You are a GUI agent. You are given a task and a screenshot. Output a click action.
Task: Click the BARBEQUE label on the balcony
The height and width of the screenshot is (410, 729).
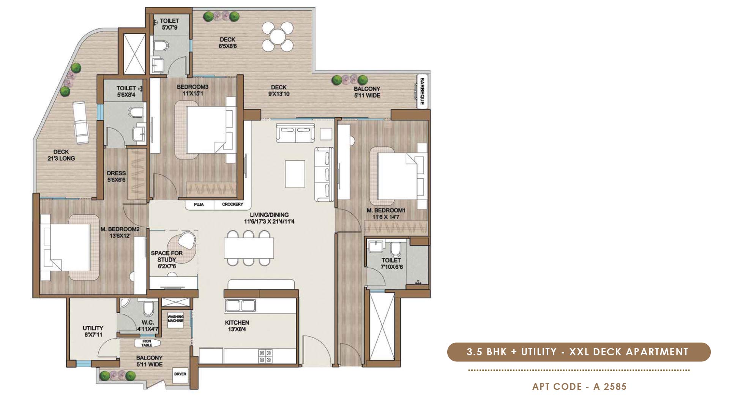click(x=422, y=91)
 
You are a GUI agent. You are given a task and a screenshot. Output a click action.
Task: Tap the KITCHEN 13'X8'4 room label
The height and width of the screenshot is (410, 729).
click(x=237, y=326)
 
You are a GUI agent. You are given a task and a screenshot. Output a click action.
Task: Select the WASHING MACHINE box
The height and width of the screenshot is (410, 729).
click(x=175, y=319)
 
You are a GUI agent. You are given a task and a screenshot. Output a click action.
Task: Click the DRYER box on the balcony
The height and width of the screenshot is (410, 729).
click(x=180, y=374)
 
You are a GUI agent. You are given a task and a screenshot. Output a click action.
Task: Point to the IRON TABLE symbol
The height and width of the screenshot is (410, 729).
click(x=147, y=343)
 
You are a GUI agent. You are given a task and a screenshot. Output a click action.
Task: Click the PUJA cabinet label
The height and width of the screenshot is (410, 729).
click(x=199, y=205)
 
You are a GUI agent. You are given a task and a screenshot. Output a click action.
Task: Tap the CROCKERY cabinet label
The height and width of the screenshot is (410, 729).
click(x=232, y=205)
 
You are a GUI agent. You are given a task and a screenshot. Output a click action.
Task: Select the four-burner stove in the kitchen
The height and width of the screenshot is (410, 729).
click(x=265, y=356)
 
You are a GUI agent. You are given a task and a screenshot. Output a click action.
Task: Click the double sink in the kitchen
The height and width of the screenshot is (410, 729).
click(x=240, y=305)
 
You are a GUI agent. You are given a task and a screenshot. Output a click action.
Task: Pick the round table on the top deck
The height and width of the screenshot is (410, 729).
click(x=278, y=36)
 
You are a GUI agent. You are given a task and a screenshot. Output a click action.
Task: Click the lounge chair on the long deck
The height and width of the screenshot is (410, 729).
click(x=80, y=122)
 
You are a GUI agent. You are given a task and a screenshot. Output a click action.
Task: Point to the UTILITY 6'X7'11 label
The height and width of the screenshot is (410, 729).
click(x=93, y=331)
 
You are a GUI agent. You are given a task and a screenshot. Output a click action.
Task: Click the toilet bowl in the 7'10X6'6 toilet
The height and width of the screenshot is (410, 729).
click(x=395, y=249)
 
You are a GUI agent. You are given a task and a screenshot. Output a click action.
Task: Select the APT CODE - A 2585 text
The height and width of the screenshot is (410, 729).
click(x=579, y=386)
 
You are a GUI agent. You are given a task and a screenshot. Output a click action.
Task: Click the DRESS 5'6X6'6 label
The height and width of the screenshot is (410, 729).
click(x=116, y=177)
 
